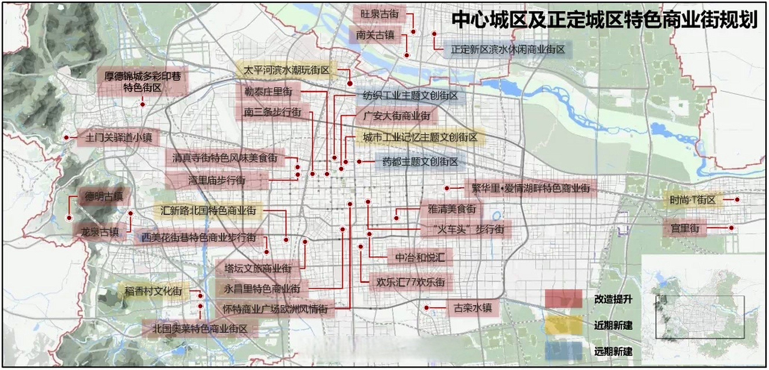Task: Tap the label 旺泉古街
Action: [x=379, y=14]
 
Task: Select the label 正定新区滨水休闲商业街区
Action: [x=508, y=49]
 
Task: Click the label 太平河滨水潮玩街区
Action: [x=287, y=70]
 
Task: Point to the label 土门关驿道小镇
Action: [x=119, y=137]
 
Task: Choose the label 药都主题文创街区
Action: [x=420, y=162]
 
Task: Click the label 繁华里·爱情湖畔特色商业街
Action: [x=531, y=188]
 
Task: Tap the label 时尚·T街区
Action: [x=693, y=200]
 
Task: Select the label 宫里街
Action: [x=685, y=228]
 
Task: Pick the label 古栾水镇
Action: [x=472, y=308]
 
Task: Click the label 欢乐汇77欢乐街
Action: [x=411, y=282]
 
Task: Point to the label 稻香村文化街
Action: [x=153, y=291]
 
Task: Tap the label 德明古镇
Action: [x=104, y=197]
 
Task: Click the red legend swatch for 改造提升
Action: [x=563, y=299]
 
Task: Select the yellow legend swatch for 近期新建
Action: [x=563, y=325]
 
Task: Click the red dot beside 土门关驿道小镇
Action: [x=66, y=137]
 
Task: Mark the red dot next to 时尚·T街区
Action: [x=737, y=199]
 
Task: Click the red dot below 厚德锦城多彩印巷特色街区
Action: [x=143, y=104]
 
